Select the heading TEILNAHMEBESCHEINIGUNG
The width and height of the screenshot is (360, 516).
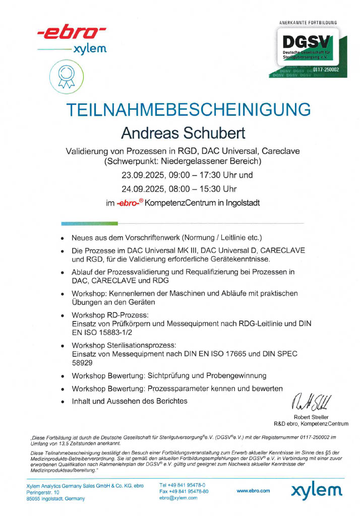coord(189,110)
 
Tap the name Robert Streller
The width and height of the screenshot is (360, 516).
coord(311,417)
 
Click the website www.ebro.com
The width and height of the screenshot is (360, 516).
coord(253,490)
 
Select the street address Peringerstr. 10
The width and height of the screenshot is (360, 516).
coord(43,491)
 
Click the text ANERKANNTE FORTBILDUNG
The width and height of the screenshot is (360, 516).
coord(308,23)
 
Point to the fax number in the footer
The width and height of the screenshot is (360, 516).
coord(184,491)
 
